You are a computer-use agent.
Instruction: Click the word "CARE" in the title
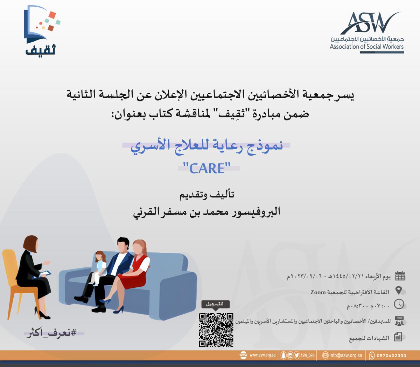coord(207,168)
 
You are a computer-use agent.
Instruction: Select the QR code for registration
coord(216,330)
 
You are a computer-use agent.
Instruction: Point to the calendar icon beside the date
coord(400,276)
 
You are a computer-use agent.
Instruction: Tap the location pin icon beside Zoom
coord(398,291)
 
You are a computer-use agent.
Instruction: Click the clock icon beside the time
coord(399,304)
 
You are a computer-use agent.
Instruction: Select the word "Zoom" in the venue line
coord(318,292)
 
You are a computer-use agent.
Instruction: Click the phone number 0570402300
coord(391,355)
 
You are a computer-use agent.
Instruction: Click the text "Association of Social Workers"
coord(366,46)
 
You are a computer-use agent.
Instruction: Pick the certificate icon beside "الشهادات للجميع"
coord(398,337)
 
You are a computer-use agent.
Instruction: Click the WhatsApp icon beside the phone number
coord(372,355)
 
